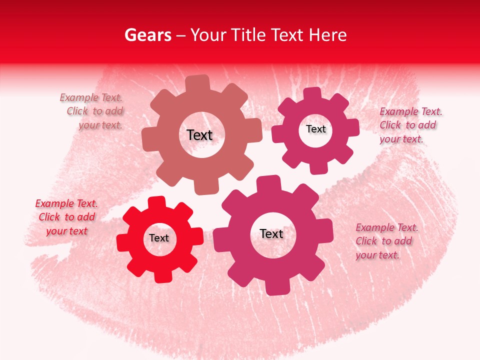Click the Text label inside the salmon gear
point(199,135)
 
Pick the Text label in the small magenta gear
point(315,129)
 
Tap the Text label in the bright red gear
point(159,238)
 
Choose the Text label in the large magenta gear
point(271,234)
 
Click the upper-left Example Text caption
point(92,111)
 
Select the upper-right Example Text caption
point(410,125)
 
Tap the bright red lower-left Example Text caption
point(66,217)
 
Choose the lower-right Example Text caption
point(386,241)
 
